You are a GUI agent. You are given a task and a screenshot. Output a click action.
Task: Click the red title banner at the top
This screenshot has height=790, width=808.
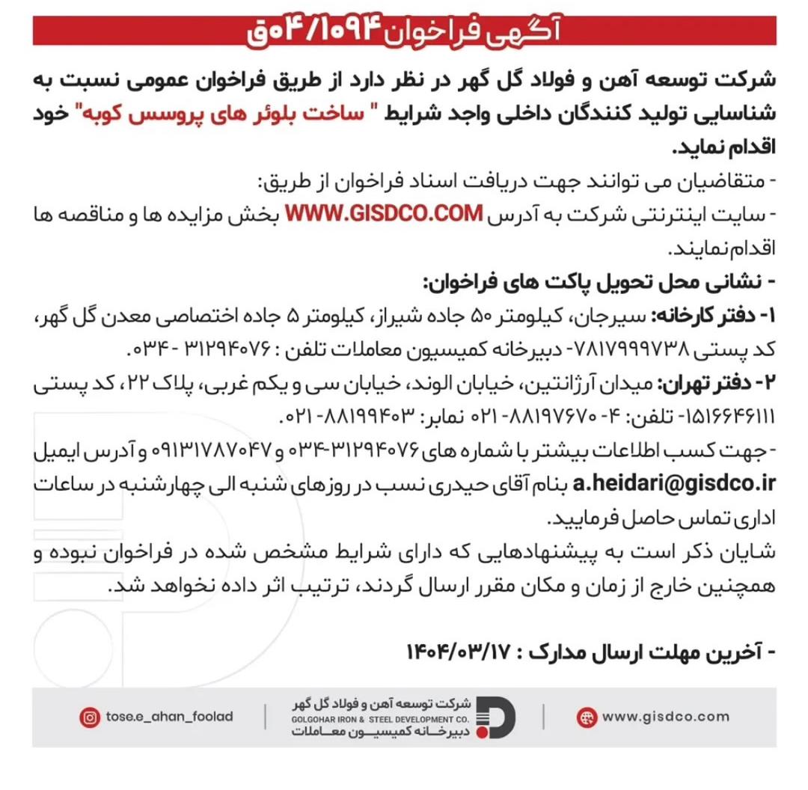coord(404,31)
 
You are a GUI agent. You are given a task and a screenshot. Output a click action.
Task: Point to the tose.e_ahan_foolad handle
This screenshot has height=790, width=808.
coord(168,717)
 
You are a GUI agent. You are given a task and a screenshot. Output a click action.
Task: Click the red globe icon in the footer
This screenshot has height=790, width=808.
coord(587,717)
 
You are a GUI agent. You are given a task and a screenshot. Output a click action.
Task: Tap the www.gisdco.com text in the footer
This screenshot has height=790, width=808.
coord(665,717)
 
